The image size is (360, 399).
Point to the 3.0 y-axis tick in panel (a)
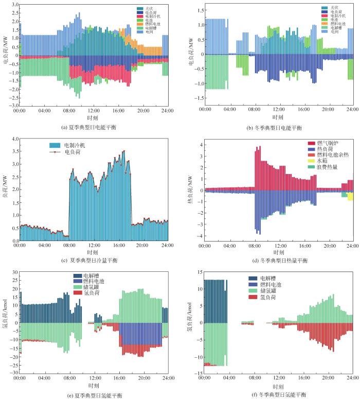14,4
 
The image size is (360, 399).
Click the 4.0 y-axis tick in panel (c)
14,139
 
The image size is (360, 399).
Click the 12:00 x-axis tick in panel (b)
279,110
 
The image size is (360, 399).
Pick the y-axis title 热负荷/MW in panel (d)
191,189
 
